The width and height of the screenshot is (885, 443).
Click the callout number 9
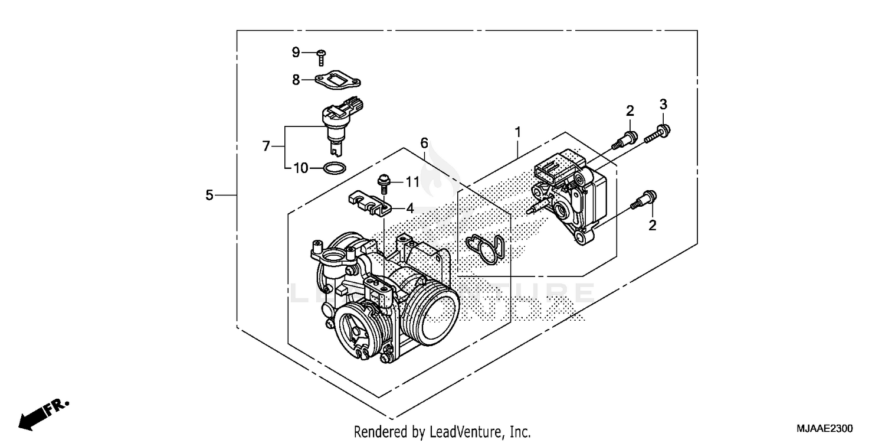pos(296,53)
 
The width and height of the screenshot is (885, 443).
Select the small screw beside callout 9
pos(321,57)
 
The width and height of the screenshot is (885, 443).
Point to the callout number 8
pos(296,79)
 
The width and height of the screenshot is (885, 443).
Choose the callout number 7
pos(265,145)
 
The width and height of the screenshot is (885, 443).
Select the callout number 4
pos(409,208)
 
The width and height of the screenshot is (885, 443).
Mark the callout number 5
pos(209,195)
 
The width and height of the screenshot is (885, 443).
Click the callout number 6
pos(424,142)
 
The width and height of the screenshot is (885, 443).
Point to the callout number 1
pos(517,132)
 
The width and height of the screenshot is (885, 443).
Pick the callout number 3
pos(663,105)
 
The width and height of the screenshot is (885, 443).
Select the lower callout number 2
pos(653,224)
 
